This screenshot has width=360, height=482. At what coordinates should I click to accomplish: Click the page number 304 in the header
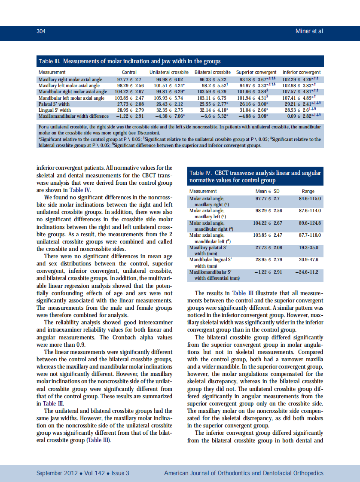41,31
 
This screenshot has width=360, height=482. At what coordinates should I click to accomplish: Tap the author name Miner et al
309,31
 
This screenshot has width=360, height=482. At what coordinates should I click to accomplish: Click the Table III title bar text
129,61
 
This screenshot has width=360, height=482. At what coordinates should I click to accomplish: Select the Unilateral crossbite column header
169,72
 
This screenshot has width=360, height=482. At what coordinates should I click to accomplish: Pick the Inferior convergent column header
302,72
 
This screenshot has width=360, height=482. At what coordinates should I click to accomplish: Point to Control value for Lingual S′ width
129,110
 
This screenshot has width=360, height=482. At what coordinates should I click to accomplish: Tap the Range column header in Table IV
308,191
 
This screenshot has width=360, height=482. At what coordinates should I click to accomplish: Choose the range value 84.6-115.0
310,198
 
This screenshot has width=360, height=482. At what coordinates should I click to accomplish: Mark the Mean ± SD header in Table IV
268,191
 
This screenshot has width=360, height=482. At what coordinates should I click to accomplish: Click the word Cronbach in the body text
113,338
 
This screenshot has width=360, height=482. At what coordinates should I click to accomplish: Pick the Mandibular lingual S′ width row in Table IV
214,263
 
